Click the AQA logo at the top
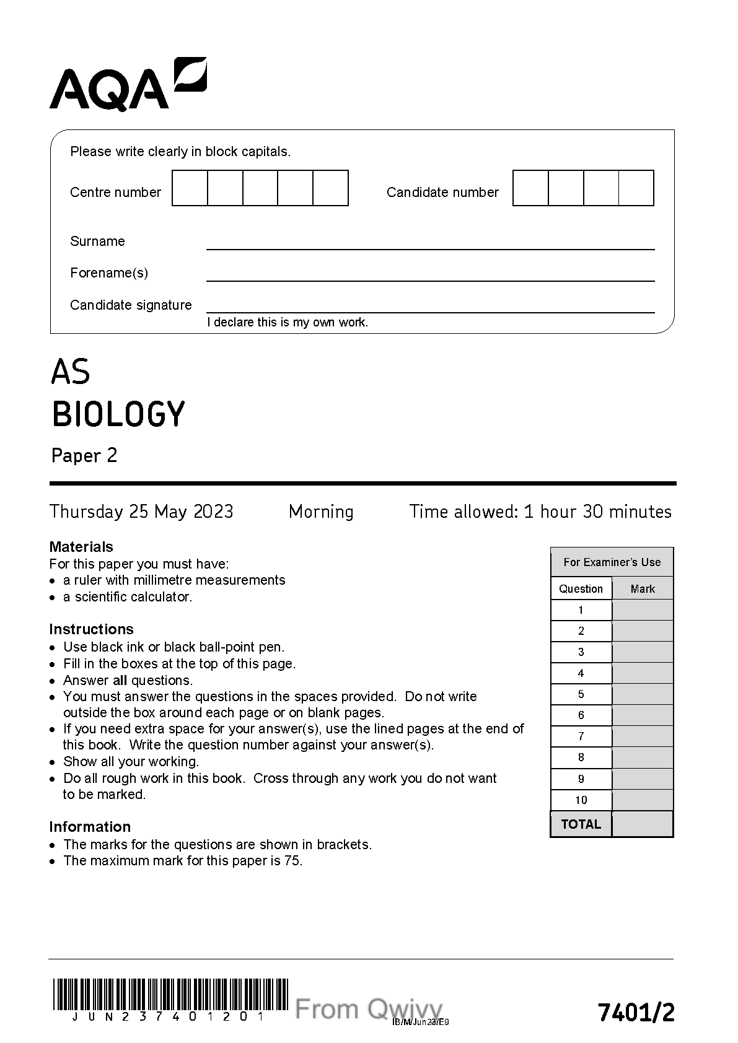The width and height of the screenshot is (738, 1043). (128, 85)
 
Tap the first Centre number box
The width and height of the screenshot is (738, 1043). (190, 188)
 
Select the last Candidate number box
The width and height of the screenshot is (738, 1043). (636, 188)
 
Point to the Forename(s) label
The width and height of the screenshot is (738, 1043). (109, 273)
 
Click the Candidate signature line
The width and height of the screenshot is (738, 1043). (430, 308)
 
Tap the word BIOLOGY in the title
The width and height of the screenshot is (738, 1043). (118, 414)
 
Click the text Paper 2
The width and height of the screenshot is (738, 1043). (84, 456)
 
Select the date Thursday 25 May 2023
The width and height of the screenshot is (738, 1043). (141, 512)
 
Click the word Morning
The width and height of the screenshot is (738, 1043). (321, 512)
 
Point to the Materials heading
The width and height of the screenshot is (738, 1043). (81, 547)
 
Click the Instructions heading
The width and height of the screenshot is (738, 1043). (91, 629)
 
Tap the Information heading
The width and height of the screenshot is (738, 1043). (90, 827)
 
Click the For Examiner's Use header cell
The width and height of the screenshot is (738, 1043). (612, 562)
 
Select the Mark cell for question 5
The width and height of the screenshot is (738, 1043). (643, 694)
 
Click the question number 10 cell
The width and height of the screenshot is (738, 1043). (581, 800)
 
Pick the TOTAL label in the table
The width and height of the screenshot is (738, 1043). (581, 824)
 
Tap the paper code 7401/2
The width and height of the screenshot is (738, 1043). (636, 1013)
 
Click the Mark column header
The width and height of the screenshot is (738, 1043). (643, 589)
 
